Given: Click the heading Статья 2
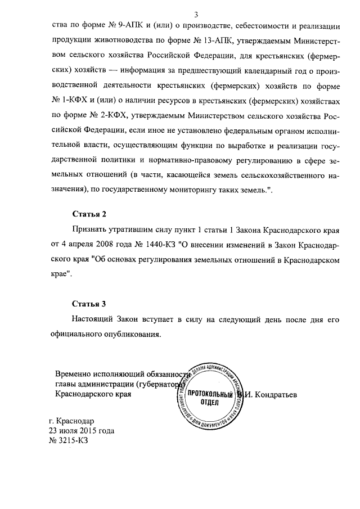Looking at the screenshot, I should click(89, 215).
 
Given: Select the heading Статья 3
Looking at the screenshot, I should click(89, 304).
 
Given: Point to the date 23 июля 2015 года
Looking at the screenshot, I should click(82, 431).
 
